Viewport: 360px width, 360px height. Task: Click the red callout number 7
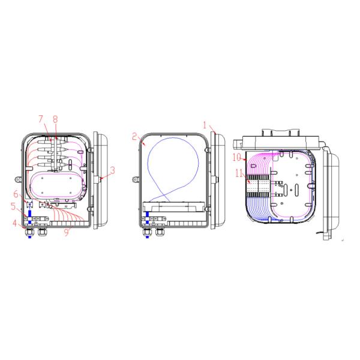click(x=41, y=119)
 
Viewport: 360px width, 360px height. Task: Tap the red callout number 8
click(x=55, y=119)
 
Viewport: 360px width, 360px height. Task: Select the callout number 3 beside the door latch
click(x=112, y=170)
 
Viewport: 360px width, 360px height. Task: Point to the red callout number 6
click(x=16, y=194)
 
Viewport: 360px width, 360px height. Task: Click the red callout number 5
click(x=14, y=206)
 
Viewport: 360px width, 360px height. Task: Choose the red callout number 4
click(x=15, y=223)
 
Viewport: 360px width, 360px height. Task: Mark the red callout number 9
click(x=67, y=233)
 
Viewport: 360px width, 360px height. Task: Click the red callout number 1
click(x=205, y=125)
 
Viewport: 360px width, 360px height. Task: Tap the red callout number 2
click(x=134, y=136)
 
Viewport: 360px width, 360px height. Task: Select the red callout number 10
click(x=237, y=157)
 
